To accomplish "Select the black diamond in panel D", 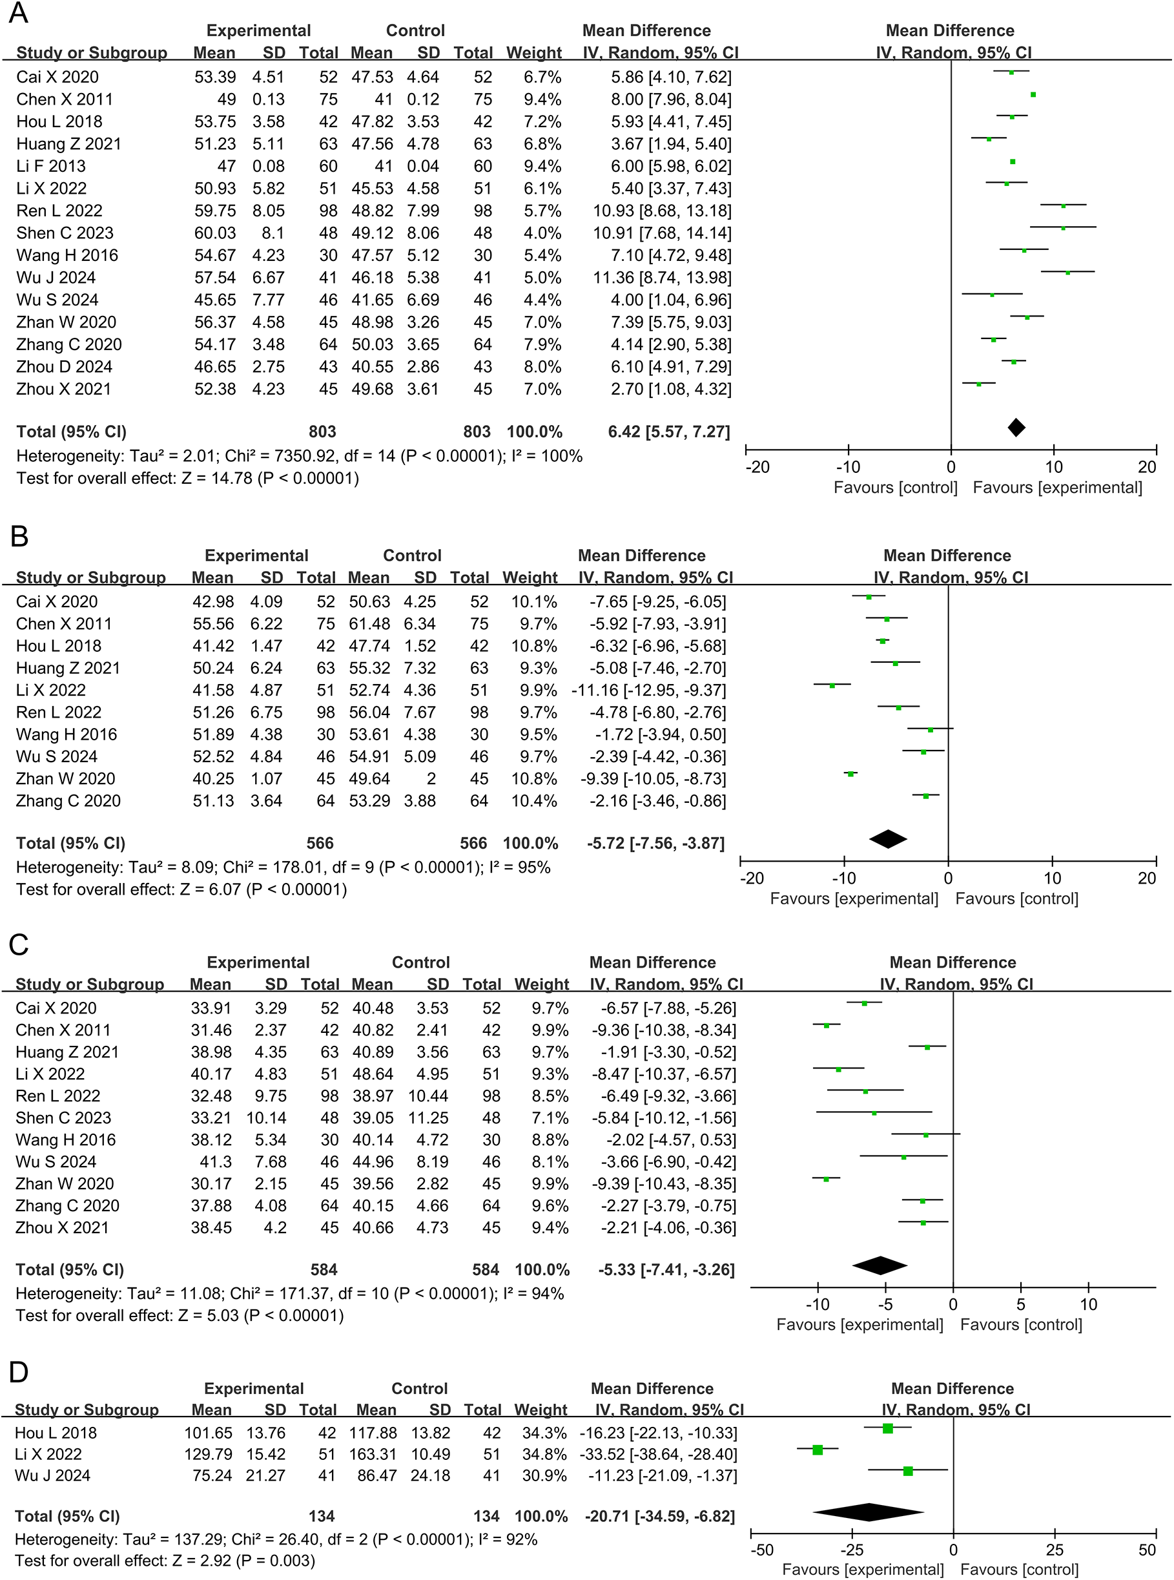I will point(869,1515).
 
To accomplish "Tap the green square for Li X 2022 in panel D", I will point(818,1450).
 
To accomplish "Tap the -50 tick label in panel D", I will point(762,1550).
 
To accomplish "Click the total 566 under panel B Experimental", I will point(320,843).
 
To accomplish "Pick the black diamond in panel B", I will point(889,839).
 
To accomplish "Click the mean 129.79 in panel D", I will point(207,1454).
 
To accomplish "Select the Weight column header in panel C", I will point(542,984).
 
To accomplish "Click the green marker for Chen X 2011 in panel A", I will point(1033,94).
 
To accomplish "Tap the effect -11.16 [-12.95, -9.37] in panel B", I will point(649,690).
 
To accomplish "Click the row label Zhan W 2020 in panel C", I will point(65,1183).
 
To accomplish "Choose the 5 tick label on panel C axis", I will point(1020,1304).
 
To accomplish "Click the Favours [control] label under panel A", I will point(896,488).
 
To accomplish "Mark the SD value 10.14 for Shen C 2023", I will point(266,1118).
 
